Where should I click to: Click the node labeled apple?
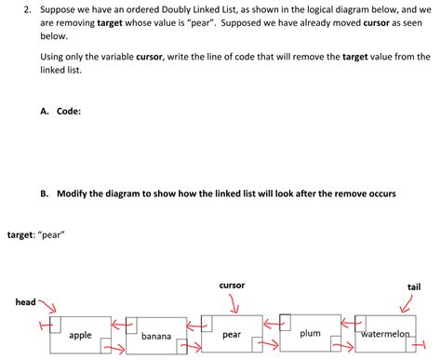click(x=81, y=335)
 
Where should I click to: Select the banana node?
click(x=156, y=336)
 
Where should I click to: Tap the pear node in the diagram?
click(x=233, y=334)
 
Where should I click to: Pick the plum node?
click(x=310, y=333)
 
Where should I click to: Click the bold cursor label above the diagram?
click(x=233, y=285)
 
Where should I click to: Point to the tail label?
click(x=414, y=287)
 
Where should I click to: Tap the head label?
click(x=25, y=302)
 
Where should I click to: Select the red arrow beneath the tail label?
click(x=409, y=303)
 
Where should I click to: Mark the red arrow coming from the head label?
click(x=45, y=307)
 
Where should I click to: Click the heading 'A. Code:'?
click(x=60, y=111)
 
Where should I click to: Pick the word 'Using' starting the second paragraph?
click(x=53, y=56)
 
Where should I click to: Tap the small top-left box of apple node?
click(x=56, y=324)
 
